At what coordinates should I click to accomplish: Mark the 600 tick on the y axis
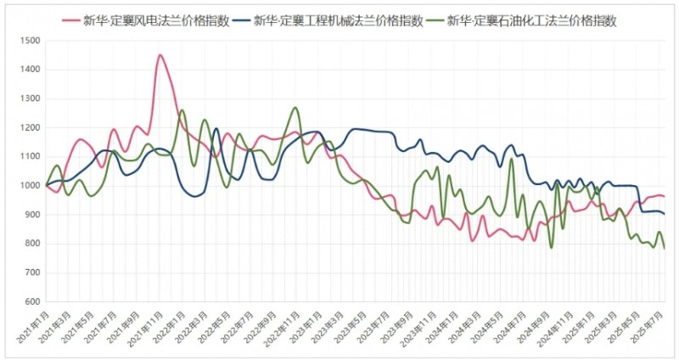coord(32,301)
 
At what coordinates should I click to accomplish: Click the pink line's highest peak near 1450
coord(160,55)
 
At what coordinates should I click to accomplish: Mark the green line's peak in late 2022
coord(295,108)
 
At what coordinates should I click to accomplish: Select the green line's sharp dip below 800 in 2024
coord(551,247)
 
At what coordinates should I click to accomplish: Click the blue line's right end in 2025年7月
coord(664,213)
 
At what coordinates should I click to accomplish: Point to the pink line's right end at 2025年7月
coord(664,196)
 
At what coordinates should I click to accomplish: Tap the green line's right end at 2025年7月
coord(664,248)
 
